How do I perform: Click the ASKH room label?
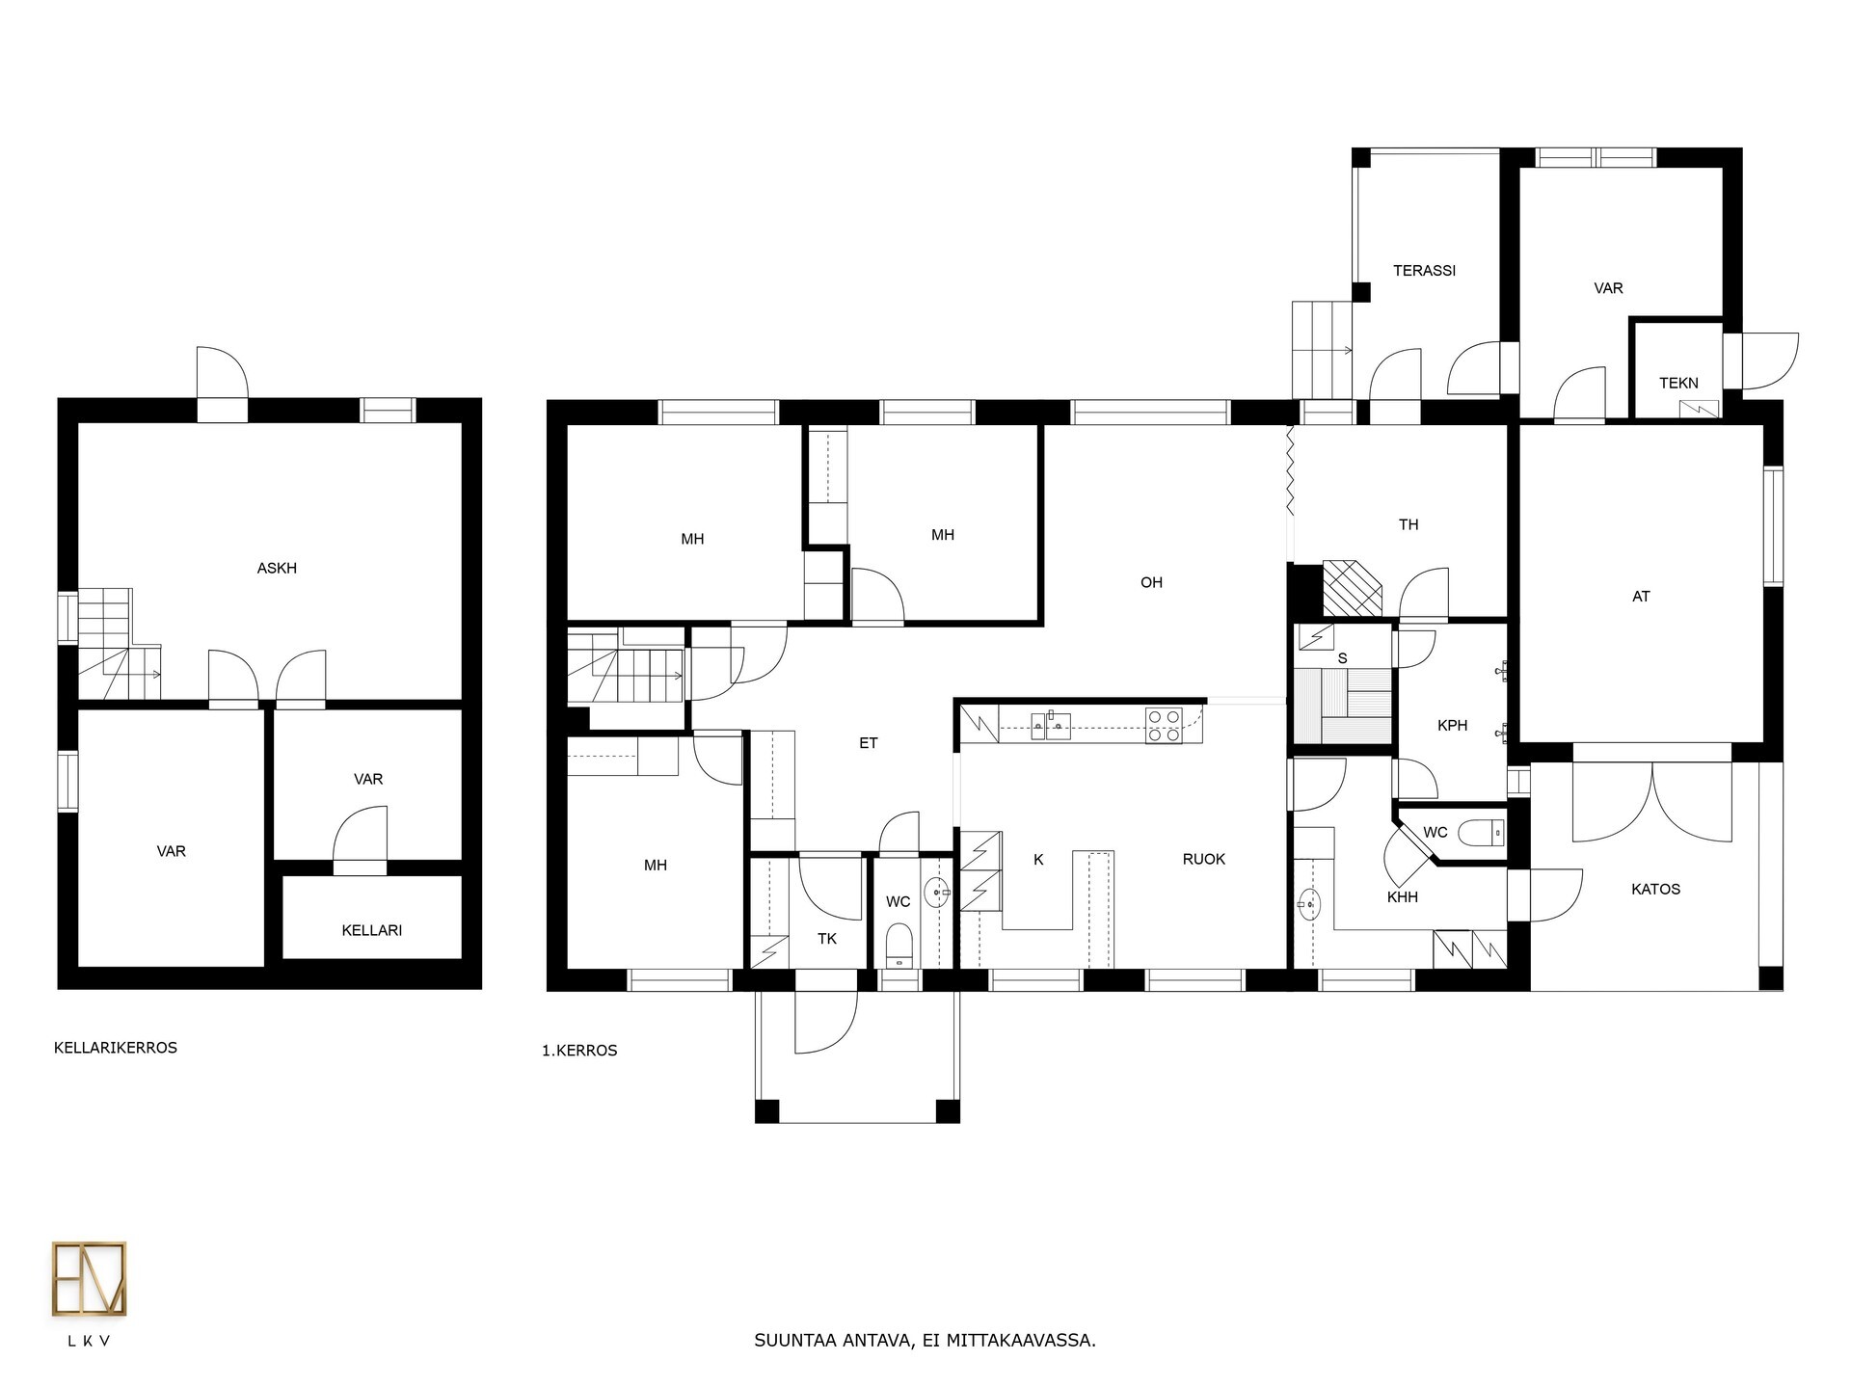tap(277, 569)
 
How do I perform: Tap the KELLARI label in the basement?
tap(372, 930)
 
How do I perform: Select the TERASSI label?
tap(1424, 271)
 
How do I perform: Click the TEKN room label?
tap(1678, 383)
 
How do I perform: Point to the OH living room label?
tap(1151, 582)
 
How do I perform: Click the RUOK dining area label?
tap(1204, 859)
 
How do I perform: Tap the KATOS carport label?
tap(1655, 889)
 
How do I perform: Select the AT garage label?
tap(1641, 597)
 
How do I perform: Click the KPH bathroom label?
tap(1452, 726)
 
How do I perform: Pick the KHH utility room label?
tap(1402, 897)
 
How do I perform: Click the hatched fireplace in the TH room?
tap(1352, 588)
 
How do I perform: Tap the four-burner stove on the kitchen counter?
tap(1164, 725)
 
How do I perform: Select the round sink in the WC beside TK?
tap(937, 894)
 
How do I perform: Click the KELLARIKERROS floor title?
tap(116, 1048)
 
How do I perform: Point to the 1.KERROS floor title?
tap(579, 1051)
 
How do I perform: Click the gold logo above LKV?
tap(89, 1279)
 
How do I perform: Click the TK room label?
tap(827, 939)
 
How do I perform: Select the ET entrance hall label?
tap(869, 743)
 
